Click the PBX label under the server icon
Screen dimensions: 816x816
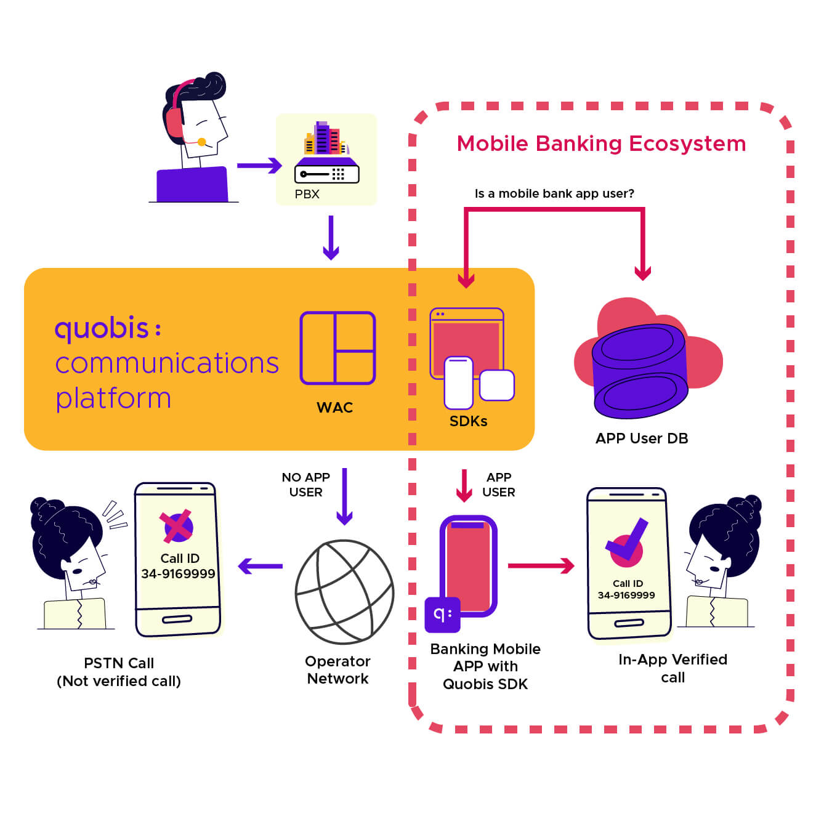point(307,194)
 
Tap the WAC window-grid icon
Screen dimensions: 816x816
point(337,348)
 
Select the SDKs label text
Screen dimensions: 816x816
point(468,421)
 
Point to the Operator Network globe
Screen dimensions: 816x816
point(344,591)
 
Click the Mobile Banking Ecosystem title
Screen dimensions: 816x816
point(601,143)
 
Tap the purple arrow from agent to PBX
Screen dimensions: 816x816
point(259,165)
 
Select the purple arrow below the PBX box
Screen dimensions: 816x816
point(331,238)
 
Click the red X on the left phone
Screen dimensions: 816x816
point(177,527)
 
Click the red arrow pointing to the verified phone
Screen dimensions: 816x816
point(541,565)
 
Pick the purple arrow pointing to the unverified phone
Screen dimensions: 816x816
point(260,566)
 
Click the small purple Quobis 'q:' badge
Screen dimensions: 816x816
point(442,614)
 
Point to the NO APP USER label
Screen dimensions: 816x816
point(306,485)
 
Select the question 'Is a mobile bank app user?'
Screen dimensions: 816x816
point(554,193)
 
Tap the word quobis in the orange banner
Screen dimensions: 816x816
point(102,328)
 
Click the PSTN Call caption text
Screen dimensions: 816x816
point(119,663)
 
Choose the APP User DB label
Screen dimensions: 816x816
point(642,438)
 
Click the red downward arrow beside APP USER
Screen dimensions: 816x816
point(464,485)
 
